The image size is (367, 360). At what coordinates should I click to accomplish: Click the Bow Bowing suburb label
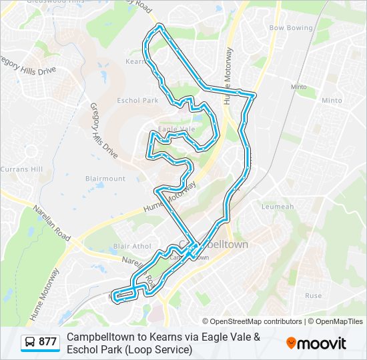click(x=290, y=28)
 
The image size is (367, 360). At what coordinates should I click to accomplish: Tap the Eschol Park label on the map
click(x=137, y=101)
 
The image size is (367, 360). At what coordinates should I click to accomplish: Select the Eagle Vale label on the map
click(x=177, y=129)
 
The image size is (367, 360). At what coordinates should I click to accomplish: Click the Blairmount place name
click(x=105, y=179)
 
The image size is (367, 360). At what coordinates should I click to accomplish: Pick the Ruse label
click(x=313, y=295)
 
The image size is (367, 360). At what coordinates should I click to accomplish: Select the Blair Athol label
click(x=132, y=246)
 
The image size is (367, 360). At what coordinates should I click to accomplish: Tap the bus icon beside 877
click(x=30, y=343)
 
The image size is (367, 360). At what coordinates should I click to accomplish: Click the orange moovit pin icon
click(x=292, y=343)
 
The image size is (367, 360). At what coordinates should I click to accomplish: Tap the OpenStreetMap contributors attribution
click(x=252, y=321)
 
